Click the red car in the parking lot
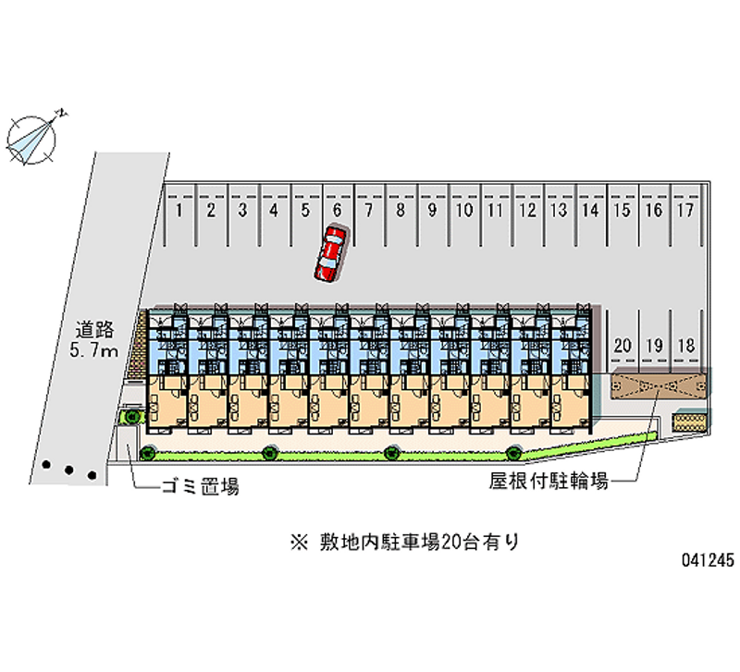click(329, 252)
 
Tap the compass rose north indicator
click(32, 136)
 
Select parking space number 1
click(179, 211)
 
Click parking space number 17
click(684, 211)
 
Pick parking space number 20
click(623, 346)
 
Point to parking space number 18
click(685, 346)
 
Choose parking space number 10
click(464, 211)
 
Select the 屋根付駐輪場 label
click(549, 481)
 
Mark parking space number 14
click(589, 211)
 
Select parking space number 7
click(369, 211)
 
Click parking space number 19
click(654, 346)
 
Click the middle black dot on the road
click(68, 470)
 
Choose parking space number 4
click(274, 211)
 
